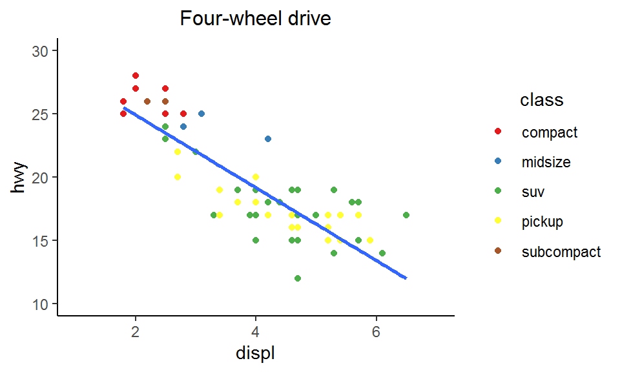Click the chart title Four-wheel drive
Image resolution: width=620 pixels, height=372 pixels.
[255, 19]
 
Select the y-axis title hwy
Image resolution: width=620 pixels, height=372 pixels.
[19, 177]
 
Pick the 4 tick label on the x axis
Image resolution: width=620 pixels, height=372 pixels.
[256, 333]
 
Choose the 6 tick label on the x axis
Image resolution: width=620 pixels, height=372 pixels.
[376, 333]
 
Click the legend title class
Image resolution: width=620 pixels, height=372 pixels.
[541, 100]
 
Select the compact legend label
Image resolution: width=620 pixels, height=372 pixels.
[550, 132]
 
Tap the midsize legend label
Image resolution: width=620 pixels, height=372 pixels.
[546, 162]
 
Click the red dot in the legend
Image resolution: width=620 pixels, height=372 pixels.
[498, 132]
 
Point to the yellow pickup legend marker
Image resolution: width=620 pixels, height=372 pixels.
[498, 222]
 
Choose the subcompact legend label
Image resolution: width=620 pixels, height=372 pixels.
[561, 251]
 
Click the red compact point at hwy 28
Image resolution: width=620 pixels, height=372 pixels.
[136, 76]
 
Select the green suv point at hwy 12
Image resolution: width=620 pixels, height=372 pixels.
[298, 278]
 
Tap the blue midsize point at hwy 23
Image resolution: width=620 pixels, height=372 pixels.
[268, 139]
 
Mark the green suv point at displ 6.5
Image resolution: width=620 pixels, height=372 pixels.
[406, 215]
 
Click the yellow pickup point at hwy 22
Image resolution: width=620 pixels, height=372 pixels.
[178, 152]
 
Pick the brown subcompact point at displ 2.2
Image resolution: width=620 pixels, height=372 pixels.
[147, 101]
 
